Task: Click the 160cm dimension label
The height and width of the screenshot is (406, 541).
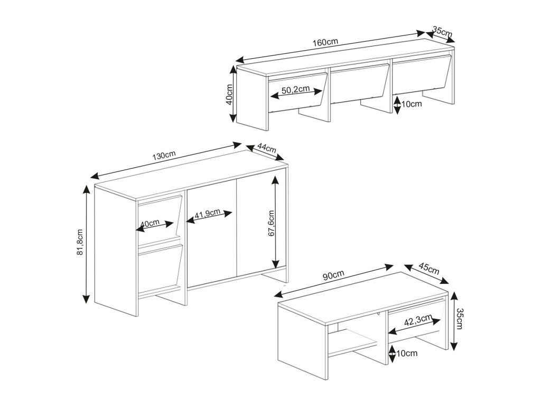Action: click(x=325, y=42)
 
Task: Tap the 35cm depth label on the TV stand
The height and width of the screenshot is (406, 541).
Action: click(x=442, y=32)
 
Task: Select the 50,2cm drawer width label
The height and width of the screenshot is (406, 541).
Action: click(x=295, y=90)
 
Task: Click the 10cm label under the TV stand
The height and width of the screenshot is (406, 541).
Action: click(x=411, y=104)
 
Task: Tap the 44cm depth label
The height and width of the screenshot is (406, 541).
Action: click(x=266, y=148)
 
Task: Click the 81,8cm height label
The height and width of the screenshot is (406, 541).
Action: click(x=80, y=242)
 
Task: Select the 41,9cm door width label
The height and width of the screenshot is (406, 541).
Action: click(x=207, y=215)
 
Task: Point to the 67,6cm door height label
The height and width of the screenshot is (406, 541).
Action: click(x=271, y=223)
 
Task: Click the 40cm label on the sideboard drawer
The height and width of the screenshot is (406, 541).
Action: click(x=151, y=223)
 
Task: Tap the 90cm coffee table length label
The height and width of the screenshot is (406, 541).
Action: click(x=333, y=275)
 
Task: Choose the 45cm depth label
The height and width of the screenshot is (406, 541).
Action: click(x=429, y=269)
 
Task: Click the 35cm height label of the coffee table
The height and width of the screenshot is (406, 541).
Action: click(x=459, y=319)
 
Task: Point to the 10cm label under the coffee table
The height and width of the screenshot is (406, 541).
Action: click(x=407, y=353)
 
